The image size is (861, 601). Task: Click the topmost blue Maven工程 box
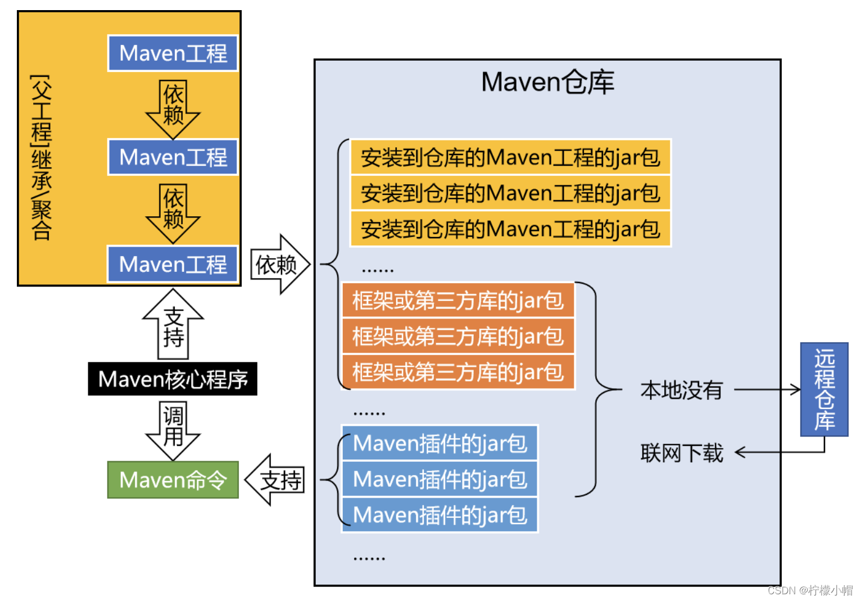(x=173, y=53)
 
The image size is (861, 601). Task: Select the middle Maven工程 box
(x=173, y=157)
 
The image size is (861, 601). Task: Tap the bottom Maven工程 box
(x=173, y=264)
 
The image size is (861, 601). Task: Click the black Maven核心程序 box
(x=173, y=379)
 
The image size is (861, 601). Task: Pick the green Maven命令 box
(x=173, y=480)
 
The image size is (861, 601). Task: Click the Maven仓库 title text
(x=547, y=83)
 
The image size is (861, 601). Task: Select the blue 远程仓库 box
(x=824, y=389)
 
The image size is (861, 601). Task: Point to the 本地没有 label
(x=681, y=390)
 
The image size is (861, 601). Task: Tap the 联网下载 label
(x=681, y=453)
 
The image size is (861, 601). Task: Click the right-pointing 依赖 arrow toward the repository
(x=279, y=265)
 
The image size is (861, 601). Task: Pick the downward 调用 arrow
(x=173, y=430)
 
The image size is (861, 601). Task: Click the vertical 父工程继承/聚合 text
(x=42, y=157)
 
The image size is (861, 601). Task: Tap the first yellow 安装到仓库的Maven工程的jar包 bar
(x=510, y=157)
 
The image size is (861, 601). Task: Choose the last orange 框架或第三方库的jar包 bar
(x=458, y=372)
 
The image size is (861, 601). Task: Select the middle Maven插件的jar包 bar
(x=439, y=479)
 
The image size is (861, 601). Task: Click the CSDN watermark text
(x=810, y=590)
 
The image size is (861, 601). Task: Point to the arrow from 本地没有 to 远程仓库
(x=767, y=389)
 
